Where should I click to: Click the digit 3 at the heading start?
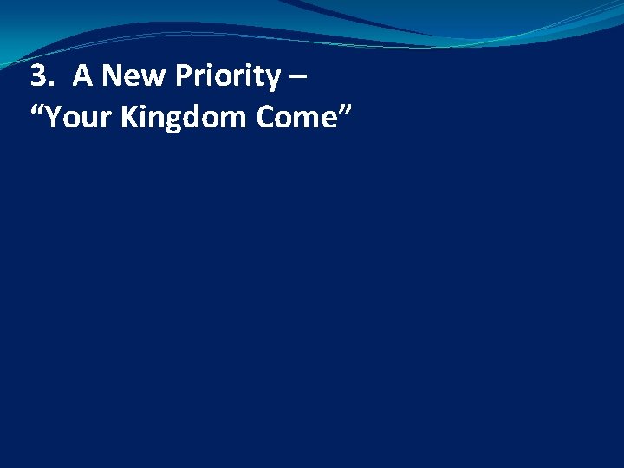(38, 77)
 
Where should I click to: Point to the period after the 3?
(50, 87)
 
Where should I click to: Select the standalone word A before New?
(82, 77)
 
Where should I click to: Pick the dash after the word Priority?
(300, 80)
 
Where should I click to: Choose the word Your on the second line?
(77, 117)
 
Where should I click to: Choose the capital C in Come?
(265, 117)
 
